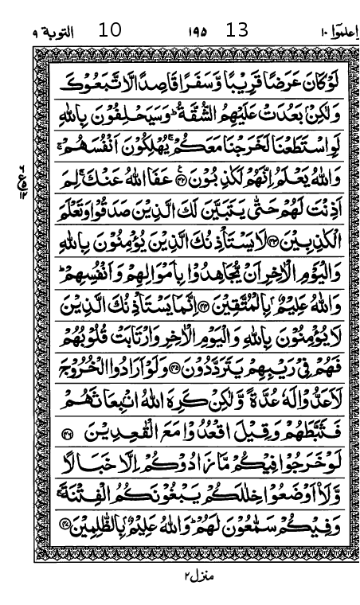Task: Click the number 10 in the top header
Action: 110,31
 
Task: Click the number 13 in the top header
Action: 237,31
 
